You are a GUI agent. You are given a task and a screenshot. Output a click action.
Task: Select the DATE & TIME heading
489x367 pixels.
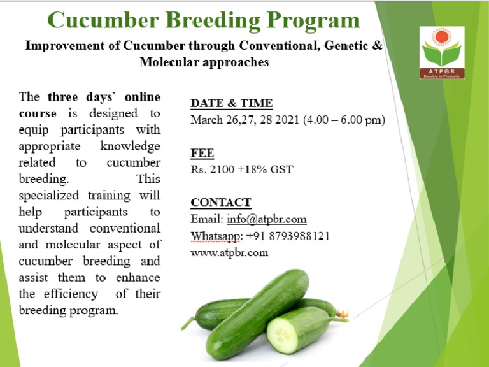232,103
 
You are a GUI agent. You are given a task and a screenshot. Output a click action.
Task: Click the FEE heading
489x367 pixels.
202,153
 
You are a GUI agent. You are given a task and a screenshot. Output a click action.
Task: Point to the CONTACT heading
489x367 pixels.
221,203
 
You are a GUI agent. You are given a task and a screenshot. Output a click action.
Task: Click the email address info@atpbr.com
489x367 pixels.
267,219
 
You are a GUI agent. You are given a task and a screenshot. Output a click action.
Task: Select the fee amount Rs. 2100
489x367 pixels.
215,169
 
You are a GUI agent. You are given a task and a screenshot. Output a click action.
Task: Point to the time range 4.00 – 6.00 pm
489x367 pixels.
343,120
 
